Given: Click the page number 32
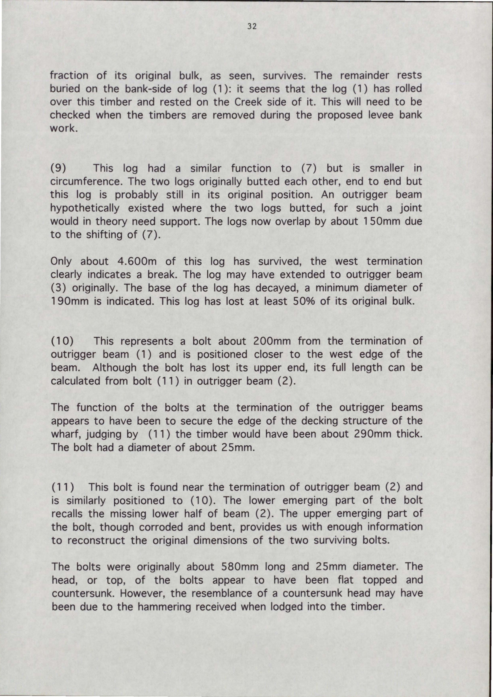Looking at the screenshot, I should coord(252,26).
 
